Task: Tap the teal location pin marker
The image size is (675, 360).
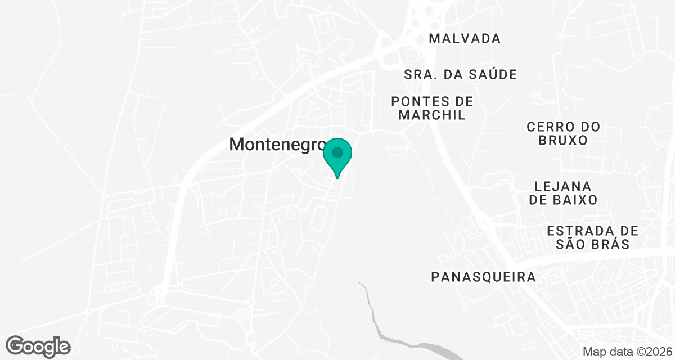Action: coord(337,157)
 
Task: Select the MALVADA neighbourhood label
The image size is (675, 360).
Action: coord(464,39)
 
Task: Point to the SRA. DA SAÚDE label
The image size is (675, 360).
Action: coord(460,74)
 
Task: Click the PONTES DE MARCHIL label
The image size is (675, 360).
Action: coord(433,108)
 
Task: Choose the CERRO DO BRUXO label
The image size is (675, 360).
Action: coord(563,133)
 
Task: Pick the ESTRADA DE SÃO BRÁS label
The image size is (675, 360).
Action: coord(592,237)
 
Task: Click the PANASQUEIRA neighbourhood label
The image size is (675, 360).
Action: coord(483,277)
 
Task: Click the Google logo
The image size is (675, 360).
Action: coord(38,345)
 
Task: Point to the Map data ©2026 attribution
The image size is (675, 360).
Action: coord(627,352)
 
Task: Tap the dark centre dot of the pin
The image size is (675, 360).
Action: coord(337,152)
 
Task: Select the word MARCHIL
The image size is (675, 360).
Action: coord(433,115)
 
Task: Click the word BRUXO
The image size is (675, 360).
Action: coord(563,140)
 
